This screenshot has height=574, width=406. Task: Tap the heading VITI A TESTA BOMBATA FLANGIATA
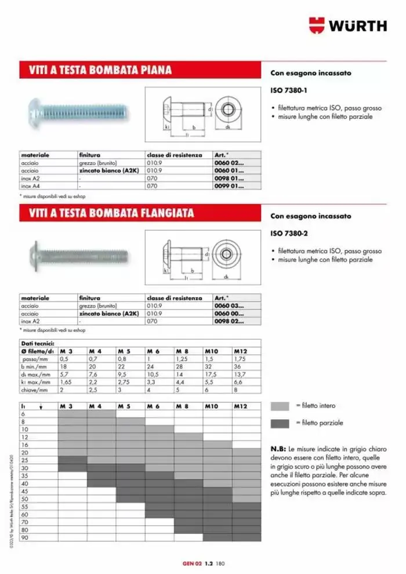click(111, 213)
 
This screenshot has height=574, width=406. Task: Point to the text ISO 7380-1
click(288, 91)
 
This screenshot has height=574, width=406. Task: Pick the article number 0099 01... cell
click(229, 187)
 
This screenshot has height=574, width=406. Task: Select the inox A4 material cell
click(30, 187)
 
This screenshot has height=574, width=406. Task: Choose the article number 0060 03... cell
click(229, 306)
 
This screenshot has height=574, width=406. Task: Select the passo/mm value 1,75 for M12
click(241, 359)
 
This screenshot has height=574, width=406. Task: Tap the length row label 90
click(24, 537)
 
